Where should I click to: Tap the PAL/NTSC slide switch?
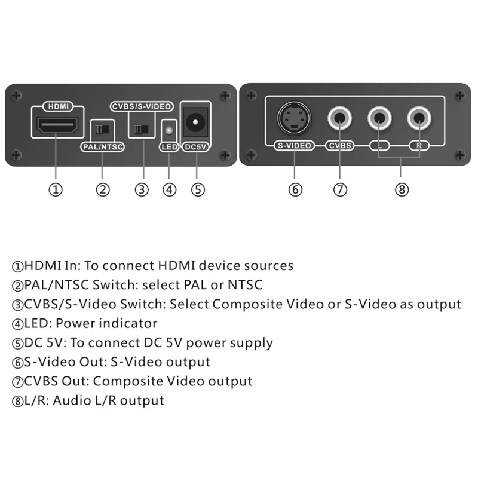pyautogui.click(x=102, y=128)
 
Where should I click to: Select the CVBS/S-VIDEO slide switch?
pyautogui.click(x=141, y=128)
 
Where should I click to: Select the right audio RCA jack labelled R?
pyautogui.click(x=419, y=117)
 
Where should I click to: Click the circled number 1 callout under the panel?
pyautogui.click(x=56, y=190)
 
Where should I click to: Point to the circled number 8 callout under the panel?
pyautogui.click(x=402, y=190)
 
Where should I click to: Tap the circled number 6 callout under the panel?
pyautogui.click(x=295, y=190)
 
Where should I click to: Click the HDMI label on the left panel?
pyautogui.click(x=57, y=106)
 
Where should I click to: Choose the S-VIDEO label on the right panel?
pyautogui.click(x=295, y=145)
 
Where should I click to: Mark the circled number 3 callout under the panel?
pyautogui.click(x=141, y=190)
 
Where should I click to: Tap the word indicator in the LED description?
pyautogui.click(x=130, y=323)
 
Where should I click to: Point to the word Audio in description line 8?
pyautogui.click(x=70, y=400)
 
